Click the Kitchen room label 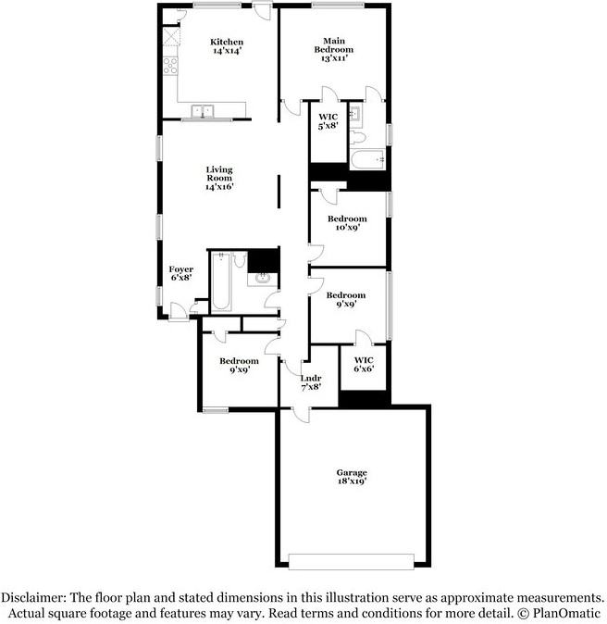click(x=227, y=42)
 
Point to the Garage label click(x=352, y=473)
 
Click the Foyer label click(x=181, y=269)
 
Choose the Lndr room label click(x=311, y=378)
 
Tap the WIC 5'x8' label click(x=328, y=117)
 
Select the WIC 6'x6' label click(x=364, y=360)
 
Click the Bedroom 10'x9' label click(x=347, y=219)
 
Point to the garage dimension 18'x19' click(x=352, y=482)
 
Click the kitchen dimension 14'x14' click(x=227, y=52)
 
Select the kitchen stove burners click(x=170, y=66)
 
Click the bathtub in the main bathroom click(x=366, y=160)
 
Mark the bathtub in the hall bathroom click(x=220, y=281)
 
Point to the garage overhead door click(x=352, y=561)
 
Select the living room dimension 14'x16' click(x=219, y=186)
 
